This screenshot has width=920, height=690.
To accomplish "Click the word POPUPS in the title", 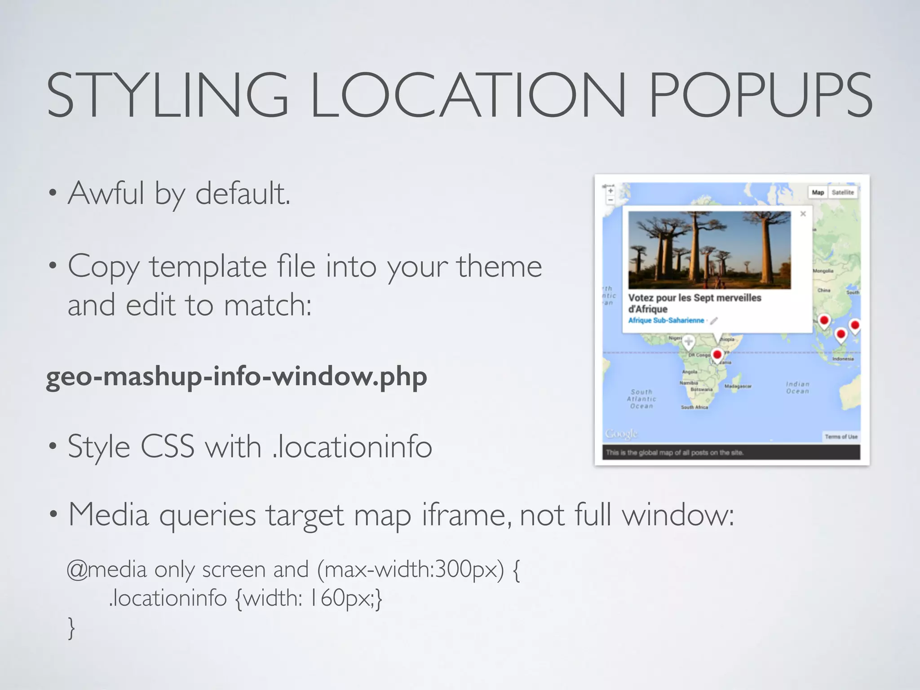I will pyautogui.click(x=760, y=96).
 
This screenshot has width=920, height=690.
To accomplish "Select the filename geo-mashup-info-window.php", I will pyautogui.click(x=236, y=376).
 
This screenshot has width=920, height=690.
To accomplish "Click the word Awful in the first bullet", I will pyautogui.click(x=106, y=193).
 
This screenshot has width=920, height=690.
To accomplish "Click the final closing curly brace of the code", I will pyautogui.click(x=71, y=628).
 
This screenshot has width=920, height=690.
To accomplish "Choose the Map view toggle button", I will pyautogui.click(x=818, y=192).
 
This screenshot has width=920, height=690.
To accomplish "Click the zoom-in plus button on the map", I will pyautogui.click(x=610, y=191).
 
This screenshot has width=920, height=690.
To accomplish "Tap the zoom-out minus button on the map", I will pyautogui.click(x=610, y=200).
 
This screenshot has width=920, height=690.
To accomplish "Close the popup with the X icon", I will pyautogui.click(x=803, y=214).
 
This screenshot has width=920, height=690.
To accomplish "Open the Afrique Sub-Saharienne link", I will pyautogui.click(x=666, y=320).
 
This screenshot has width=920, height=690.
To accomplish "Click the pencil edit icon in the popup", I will pyautogui.click(x=714, y=321).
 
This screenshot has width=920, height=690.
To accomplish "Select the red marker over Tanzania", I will pyautogui.click(x=717, y=355).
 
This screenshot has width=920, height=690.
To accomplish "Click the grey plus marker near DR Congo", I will pyautogui.click(x=688, y=342).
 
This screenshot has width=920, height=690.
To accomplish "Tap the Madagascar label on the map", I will pyautogui.click(x=738, y=386).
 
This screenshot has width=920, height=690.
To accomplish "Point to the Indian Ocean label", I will pyautogui.click(x=797, y=388).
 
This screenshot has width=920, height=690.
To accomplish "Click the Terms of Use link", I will pyautogui.click(x=841, y=437).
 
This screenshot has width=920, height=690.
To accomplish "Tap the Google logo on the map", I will pyautogui.click(x=621, y=434).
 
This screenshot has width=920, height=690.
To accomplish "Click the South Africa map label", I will pyautogui.click(x=694, y=407).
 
